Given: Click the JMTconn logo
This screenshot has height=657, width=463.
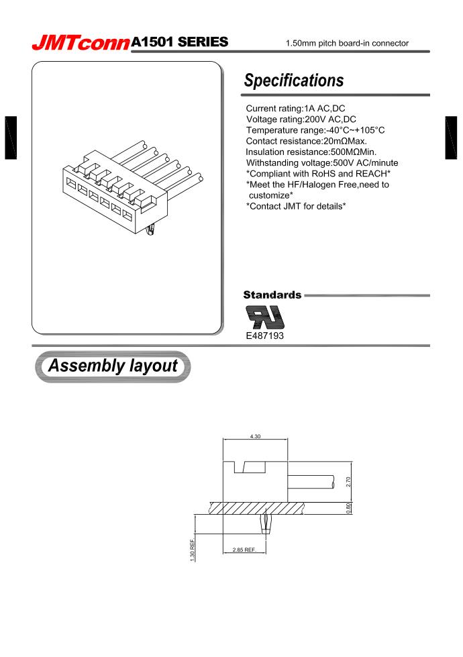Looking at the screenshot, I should pyautogui.click(x=81, y=43).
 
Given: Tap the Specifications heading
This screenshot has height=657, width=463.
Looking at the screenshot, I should pyautogui.click(x=293, y=81).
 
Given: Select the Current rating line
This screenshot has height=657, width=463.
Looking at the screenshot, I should pyautogui.click(x=296, y=109).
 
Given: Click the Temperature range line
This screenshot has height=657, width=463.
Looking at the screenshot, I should pyautogui.click(x=315, y=130).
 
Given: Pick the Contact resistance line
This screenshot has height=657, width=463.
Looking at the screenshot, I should pyautogui.click(x=306, y=141).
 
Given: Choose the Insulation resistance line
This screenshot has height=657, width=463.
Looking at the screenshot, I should pyautogui.click(x=311, y=152).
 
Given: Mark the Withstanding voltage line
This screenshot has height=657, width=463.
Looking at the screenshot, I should pyautogui.click(x=321, y=162).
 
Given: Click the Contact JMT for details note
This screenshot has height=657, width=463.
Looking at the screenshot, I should pyautogui.click(x=296, y=205).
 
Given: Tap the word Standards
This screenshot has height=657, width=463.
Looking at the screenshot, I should pyautogui.click(x=272, y=295).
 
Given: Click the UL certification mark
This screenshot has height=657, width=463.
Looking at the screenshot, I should pyautogui.click(x=264, y=315).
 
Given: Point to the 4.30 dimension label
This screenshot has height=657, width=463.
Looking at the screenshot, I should pyautogui.click(x=255, y=437).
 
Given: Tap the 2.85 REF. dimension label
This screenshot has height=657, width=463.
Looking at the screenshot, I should pyautogui.click(x=244, y=550).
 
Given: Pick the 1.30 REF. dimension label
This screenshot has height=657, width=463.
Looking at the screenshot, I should pyautogui.click(x=193, y=551).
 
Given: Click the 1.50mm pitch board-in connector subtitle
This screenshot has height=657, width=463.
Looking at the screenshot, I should pyautogui.click(x=347, y=44).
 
